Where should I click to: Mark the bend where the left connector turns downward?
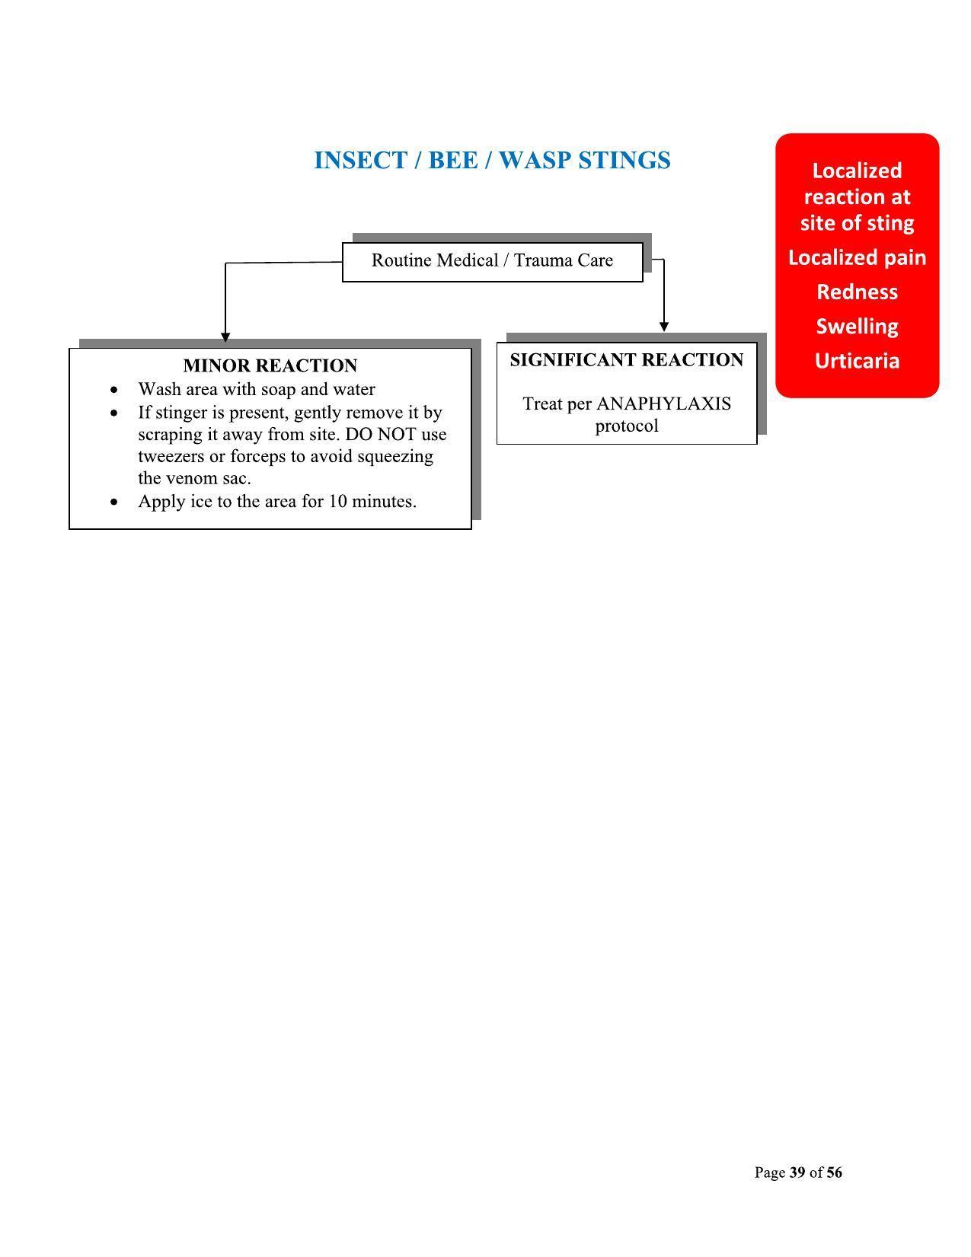(225, 263)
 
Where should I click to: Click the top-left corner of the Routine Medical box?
(343, 243)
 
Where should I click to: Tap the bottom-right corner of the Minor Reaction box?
(471, 528)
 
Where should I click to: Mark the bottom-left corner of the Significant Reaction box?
(497, 444)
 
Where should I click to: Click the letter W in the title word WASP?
(513, 160)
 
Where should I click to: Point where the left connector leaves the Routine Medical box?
(343, 262)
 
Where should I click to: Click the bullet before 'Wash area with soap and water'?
(114, 390)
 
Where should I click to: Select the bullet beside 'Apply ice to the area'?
(114, 502)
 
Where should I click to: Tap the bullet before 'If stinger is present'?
(114, 413)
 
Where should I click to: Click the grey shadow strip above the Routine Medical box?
(502, 238)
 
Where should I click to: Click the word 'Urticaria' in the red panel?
(857, 361)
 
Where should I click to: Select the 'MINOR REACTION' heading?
(270, 365)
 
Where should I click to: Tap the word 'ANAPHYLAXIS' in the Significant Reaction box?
(664, 404)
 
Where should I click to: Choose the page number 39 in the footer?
(797, 1172)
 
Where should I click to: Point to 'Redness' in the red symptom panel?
(857, 292)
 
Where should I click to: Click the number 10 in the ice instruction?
(338, 501)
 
